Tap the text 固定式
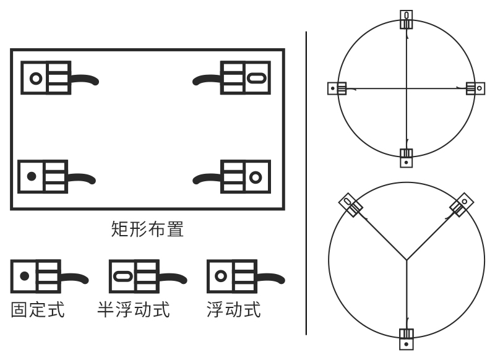[x=38, y=308]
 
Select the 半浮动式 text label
[x=133, y=308]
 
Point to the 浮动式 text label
[x=233, y=308]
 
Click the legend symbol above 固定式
[x=37, y=276]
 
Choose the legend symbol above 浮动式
[x=233, y=276]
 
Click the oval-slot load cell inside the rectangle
[x=246, y=77]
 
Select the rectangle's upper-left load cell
[x=46, y=77]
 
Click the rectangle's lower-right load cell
[x=246, y=176]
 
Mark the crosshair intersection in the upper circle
[x=406, y=88]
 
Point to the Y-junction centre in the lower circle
[x=406, y=259]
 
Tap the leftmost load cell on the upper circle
[x=336, y=88]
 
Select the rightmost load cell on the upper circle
[x=475, y=88]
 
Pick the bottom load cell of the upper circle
[x=406, y=157]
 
